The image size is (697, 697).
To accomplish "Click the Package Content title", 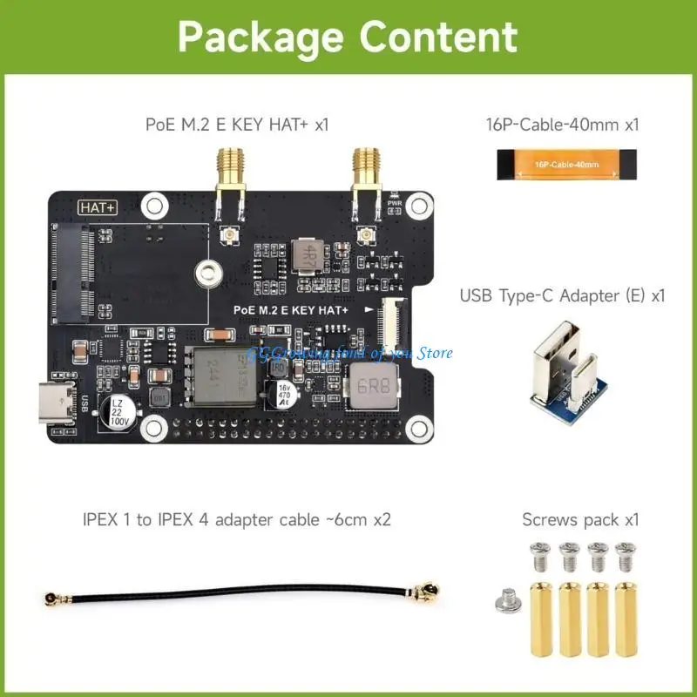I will pos(348,37).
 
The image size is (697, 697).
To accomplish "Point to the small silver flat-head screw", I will pos(506,597).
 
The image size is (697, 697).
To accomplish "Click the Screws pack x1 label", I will pos(580,520).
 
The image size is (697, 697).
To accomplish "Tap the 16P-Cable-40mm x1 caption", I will pos(562,124).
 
